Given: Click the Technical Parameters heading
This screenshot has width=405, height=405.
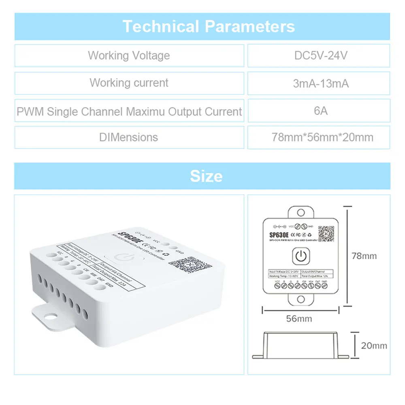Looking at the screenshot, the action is click(x=209, y=27).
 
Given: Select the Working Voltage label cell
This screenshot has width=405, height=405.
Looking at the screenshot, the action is click(x=129, y=55).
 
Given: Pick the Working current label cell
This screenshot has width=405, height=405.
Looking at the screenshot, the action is click(x=129, y=83).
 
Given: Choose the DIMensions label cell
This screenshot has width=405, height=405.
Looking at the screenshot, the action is click(x=129, y=137).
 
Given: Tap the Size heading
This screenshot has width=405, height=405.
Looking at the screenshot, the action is click(x=206, y=176).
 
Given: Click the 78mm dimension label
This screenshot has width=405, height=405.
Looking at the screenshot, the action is click(x=364, y=256).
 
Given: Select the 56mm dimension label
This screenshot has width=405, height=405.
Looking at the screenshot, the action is click(x=299, y=318).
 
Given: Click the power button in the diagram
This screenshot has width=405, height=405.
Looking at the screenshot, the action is click(x=300, y=256).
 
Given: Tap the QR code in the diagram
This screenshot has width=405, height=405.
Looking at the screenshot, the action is click(x=326, y=234).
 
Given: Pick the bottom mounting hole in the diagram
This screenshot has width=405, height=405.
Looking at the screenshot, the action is click(x=300, y=299).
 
